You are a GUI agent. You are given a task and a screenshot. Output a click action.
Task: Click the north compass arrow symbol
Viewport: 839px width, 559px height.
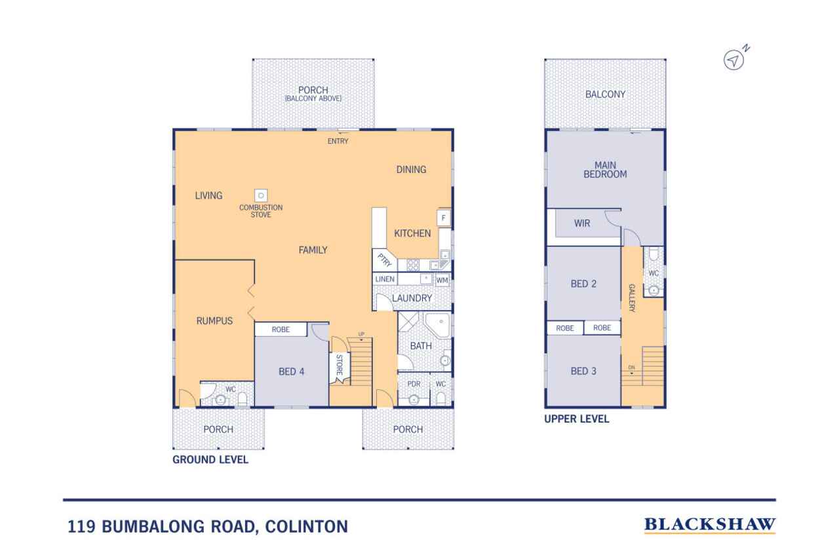(733, 60)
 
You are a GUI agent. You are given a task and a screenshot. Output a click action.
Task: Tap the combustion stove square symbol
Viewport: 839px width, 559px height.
(261, 195)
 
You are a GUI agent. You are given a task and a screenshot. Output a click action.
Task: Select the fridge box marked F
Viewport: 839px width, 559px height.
(444, 218)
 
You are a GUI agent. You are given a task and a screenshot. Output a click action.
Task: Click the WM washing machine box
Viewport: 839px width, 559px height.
(442, 280)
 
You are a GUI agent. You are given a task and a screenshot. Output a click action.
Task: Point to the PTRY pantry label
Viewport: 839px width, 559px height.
(384, 260)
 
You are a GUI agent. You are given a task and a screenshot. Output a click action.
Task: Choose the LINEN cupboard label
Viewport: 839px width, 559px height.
(385, 279)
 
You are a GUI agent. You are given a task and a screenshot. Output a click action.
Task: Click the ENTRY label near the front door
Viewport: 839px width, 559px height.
(338, 141)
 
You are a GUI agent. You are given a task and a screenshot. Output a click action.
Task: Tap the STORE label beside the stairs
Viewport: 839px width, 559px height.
(340, 364)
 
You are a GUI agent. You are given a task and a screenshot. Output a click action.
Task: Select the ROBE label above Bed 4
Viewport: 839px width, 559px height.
(281, 330)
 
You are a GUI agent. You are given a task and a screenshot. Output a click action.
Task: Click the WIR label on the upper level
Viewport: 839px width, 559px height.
(582, 223)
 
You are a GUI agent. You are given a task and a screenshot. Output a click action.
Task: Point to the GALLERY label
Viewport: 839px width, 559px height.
(632, 298)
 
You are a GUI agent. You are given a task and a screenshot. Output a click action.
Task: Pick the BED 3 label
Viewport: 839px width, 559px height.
(583, 371)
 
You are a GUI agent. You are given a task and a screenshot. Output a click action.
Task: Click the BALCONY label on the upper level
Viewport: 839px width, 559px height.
(605, 94)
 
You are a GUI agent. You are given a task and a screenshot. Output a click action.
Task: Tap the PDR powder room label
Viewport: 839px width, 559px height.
(414, 384)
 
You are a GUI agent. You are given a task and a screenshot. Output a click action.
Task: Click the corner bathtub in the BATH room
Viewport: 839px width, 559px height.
(437, 324)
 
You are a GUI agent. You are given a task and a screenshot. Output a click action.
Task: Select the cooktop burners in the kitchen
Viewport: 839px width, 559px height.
(413, 265)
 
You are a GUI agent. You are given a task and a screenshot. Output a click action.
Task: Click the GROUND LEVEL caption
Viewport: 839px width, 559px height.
(210, 459)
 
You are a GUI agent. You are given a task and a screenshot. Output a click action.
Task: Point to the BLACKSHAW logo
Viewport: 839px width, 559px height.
(709, 524)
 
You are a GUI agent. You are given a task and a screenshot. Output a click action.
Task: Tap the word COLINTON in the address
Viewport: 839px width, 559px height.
(306, 526)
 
